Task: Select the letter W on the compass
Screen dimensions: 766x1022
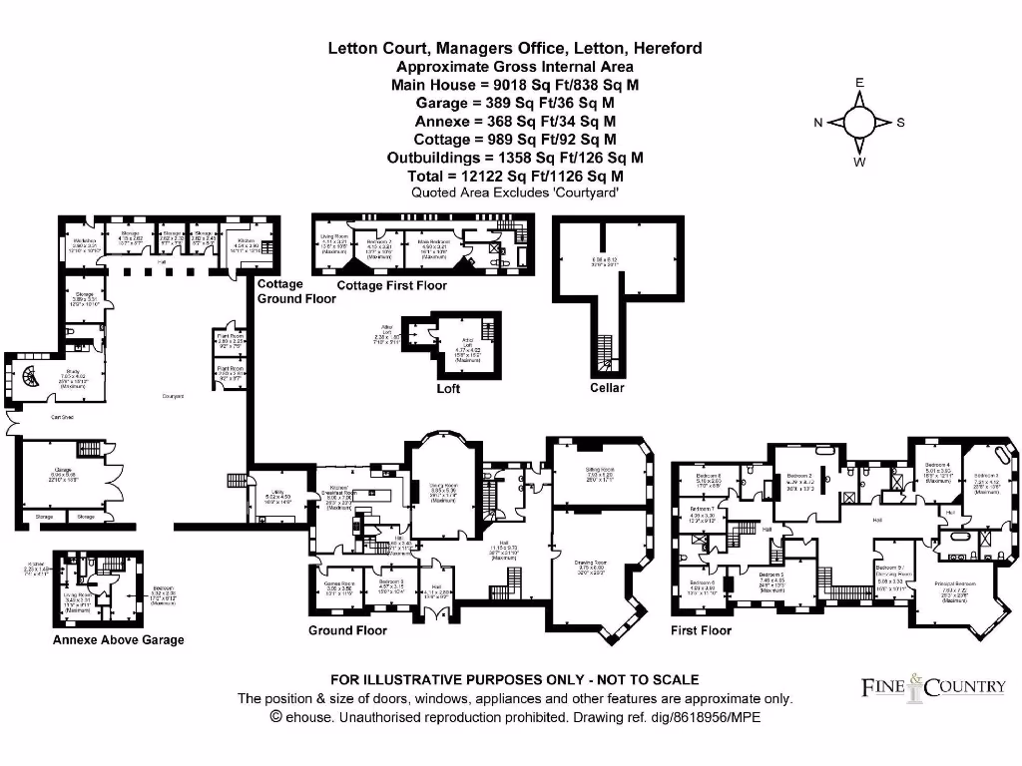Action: (858, 162)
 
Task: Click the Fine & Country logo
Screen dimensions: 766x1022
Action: (932, 686)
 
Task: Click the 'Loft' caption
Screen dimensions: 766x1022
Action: (448, 388)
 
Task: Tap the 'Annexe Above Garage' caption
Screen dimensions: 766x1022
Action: (118, 639)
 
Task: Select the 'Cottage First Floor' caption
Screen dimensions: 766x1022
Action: (391, 285)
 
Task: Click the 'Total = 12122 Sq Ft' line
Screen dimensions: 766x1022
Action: (515, 176)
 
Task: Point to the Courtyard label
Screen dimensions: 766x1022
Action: (174, 396)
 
